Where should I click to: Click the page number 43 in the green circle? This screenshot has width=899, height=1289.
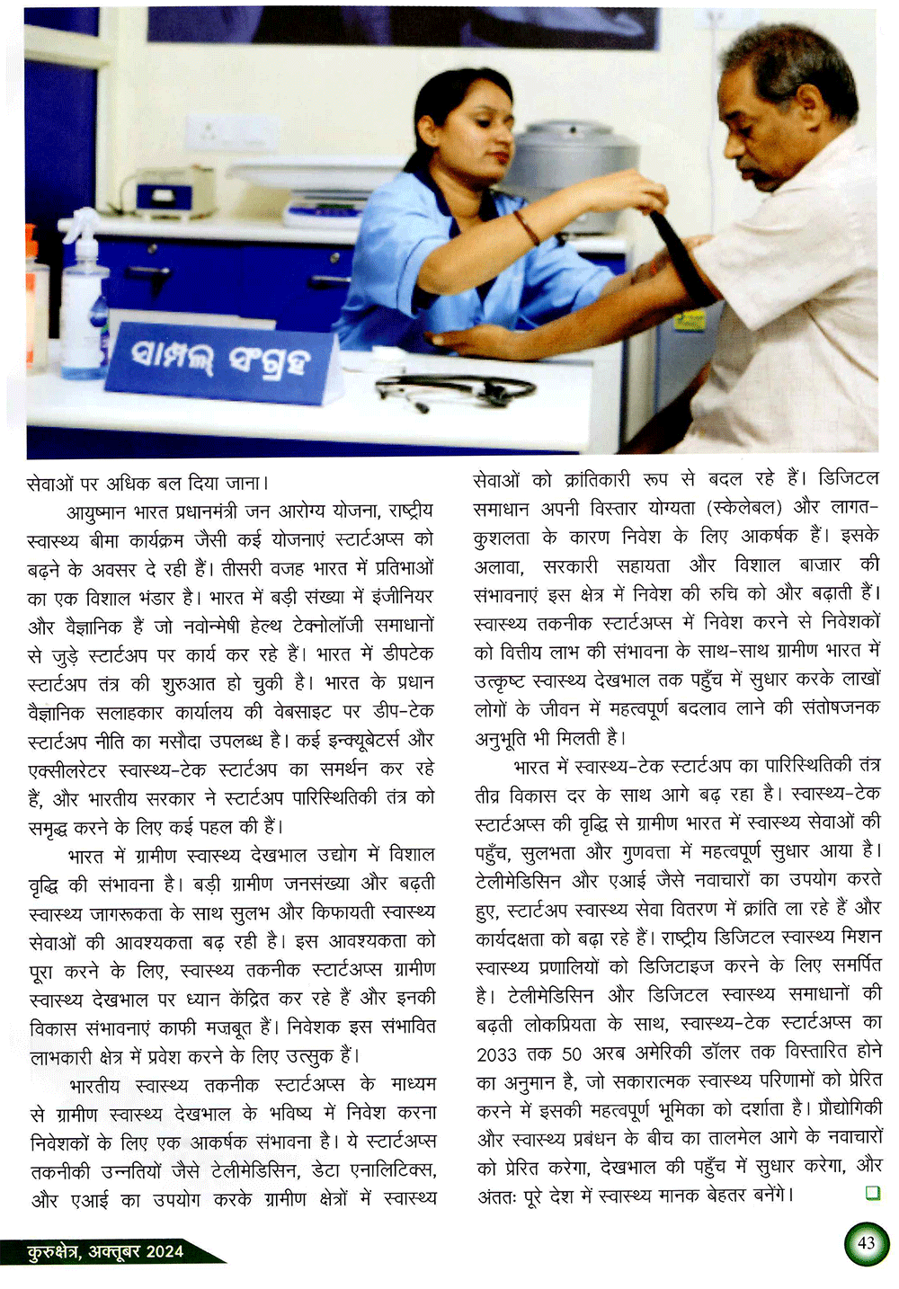point(866,1243)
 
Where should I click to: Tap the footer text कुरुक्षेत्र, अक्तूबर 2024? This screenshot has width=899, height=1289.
point(106,1250)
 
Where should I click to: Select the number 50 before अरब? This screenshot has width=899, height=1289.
point(573,1053)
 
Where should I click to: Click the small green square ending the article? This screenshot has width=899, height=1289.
point(871,1193)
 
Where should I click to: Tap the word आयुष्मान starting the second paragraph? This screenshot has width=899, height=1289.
point(99,511)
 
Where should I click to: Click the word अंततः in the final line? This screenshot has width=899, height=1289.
point(496,1196)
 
